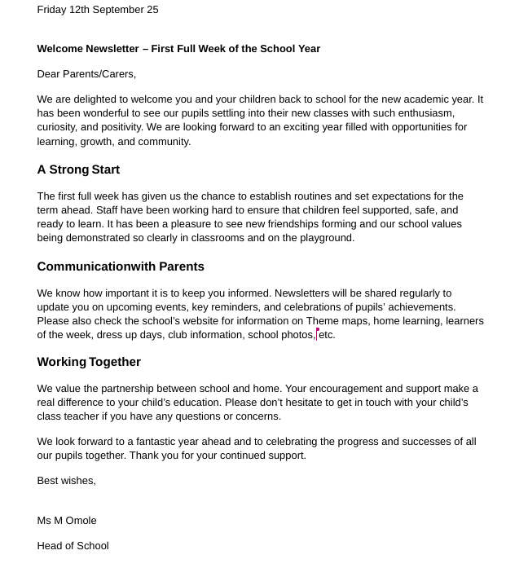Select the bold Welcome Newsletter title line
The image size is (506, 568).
[178, 49]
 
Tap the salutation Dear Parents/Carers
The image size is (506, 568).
[86, 74]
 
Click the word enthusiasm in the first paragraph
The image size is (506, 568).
[420, 113]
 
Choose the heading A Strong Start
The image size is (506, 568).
[78, 170]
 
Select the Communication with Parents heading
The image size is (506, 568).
[121, 266]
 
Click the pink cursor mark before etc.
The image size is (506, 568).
[317, 333]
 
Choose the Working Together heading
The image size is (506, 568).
[89, 362]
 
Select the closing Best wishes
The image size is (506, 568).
[66, 481]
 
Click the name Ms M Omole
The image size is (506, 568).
[67, 521]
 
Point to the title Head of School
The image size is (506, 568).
[73, 546]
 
